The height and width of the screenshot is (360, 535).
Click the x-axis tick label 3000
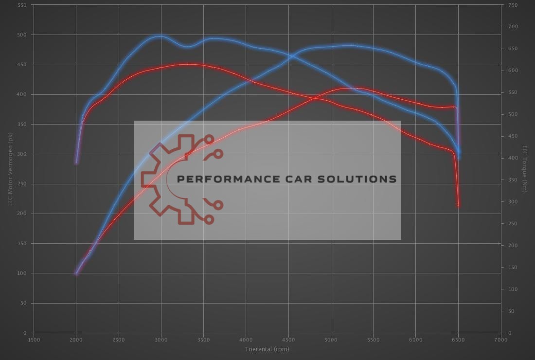click(160, 340)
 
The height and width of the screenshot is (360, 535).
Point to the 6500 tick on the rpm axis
click(458, 340)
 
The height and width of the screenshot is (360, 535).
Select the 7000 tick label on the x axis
click(500, 340)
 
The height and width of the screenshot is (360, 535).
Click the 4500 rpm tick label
click(288, 340)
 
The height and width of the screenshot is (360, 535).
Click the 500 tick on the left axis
click(22, 35)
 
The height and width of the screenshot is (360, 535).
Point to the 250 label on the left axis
click(22, 184)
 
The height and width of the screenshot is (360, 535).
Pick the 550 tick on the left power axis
click(22, 5)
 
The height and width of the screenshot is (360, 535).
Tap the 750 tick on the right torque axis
click(513, 5)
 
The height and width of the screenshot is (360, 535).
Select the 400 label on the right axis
click(513, 158)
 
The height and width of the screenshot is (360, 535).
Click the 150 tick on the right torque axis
click(513, 268)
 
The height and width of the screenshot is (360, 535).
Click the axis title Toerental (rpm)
click(267, 349)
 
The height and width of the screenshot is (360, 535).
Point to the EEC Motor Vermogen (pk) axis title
click(10, 169)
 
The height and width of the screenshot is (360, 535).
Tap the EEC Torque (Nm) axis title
click(525, 169)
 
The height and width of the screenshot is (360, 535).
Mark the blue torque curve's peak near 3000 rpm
click(160, 36)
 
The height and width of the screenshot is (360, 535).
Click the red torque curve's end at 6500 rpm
click(458, 205)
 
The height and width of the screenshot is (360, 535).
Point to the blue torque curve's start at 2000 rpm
click(76, 162)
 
